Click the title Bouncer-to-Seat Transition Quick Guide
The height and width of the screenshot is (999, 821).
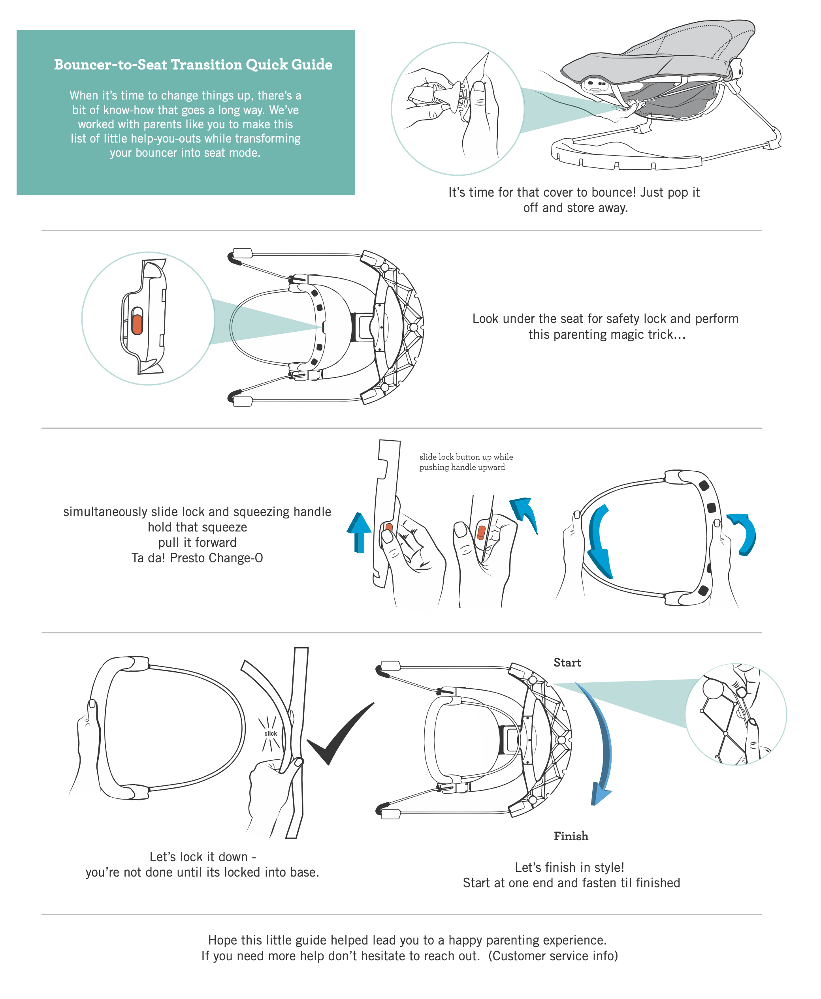point(193,65)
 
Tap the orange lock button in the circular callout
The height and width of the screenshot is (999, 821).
point(137,324)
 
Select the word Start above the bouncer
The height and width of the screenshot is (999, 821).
point(567,663)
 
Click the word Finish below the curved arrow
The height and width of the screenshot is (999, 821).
point(571,836)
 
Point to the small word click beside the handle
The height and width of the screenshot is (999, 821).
point(271,733)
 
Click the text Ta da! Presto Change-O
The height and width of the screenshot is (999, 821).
point(197,558)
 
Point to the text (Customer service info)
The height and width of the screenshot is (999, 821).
point(553,956)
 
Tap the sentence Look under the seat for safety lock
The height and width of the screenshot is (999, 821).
point(605,319)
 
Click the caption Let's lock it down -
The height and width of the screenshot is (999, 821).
point(202,857)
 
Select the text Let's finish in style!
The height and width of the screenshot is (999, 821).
point(569,867)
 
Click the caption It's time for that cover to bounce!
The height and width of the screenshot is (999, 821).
point(574,192)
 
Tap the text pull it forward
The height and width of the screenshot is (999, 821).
point(197,543)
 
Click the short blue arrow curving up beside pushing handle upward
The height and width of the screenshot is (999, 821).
point(525,513)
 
